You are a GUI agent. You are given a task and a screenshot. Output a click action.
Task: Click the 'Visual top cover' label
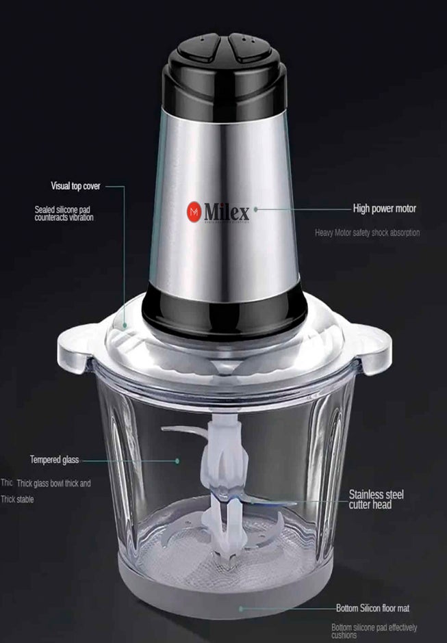75,186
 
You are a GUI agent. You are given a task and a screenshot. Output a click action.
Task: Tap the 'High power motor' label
384,208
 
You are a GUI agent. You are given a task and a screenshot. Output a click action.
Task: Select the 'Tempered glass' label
54,459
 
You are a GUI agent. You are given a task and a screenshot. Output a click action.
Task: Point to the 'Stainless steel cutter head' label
376,499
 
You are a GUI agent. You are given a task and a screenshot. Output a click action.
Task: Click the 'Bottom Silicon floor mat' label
373,607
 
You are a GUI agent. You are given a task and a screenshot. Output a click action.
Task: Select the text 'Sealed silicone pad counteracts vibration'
64,213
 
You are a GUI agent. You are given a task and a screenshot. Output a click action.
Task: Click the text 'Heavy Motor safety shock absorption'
367,233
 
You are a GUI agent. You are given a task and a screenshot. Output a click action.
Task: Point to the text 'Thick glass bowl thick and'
53,483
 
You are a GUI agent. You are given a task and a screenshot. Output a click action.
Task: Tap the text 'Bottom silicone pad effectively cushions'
374,631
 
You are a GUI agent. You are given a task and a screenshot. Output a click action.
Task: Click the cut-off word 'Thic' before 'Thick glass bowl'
7,483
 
